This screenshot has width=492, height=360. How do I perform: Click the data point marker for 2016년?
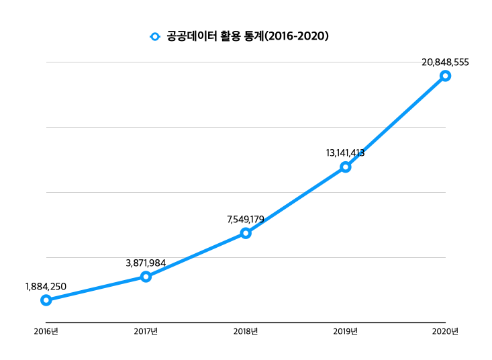click(46, 300)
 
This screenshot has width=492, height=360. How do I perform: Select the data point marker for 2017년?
click(146, 277)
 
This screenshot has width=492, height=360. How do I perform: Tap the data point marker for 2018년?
click(246, 233)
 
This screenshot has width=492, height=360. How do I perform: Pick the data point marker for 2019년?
click(345, 167)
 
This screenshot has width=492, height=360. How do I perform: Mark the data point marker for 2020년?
click(445, 76)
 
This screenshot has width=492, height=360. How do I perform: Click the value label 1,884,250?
click(46, 287)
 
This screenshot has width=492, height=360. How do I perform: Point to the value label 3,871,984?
click(146, 263)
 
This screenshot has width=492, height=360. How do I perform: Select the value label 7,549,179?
click(246, 220)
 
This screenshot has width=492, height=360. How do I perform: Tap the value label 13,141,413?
click(345, 153)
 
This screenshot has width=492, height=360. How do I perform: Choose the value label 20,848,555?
click(445, 62)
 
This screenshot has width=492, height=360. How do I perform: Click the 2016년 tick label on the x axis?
click(46, 331)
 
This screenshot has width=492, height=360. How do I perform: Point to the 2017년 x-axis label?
click(146, 331)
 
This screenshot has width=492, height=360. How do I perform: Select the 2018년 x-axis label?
click(246, 331)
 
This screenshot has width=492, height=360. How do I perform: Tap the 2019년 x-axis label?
click(345, 331)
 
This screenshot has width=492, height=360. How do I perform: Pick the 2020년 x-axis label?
click(445, 331)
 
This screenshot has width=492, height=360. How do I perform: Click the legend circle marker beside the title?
click(155, 36)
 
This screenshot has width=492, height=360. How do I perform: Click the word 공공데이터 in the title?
click(191, 36)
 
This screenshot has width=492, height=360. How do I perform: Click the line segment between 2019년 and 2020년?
click(395, 121)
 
